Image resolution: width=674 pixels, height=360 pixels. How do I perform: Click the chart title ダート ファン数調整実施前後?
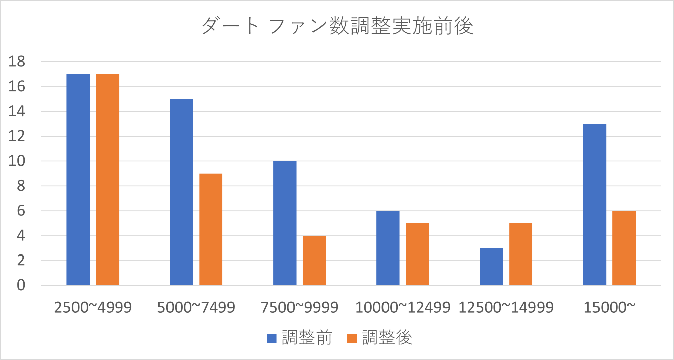point(337,26)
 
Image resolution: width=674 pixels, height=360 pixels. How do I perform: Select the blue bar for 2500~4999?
point(78,179)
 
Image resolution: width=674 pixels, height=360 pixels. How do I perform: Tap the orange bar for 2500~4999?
point(108,179)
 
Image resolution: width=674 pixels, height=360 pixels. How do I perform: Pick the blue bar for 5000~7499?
point(181,192)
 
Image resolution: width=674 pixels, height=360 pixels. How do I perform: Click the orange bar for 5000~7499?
point(211,229)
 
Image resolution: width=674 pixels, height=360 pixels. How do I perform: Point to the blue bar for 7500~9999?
point(285,223)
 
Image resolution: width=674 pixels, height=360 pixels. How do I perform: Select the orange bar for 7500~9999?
point(314,260)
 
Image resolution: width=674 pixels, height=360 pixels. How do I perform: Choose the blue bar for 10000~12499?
point(388,248)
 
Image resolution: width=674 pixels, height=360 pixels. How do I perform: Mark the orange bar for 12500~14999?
point(521,254)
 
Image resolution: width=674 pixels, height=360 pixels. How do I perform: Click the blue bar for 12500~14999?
point(491,267)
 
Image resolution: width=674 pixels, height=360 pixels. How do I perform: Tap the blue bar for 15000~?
point(594,204)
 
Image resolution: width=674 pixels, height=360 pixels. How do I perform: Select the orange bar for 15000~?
point(624,248)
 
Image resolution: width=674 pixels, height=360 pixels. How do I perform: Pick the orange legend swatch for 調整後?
point(352,338)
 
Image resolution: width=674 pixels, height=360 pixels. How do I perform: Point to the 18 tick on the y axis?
point(17,62)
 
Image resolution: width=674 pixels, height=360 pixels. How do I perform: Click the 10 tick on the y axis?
point(17,161)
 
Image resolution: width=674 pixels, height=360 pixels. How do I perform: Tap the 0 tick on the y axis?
point(21,285)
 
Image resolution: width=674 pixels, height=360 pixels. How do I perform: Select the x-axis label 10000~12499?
point(403,307)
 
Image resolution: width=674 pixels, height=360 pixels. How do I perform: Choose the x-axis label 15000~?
point(609,307)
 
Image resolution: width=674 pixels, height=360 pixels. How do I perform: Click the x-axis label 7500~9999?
point(299,307)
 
